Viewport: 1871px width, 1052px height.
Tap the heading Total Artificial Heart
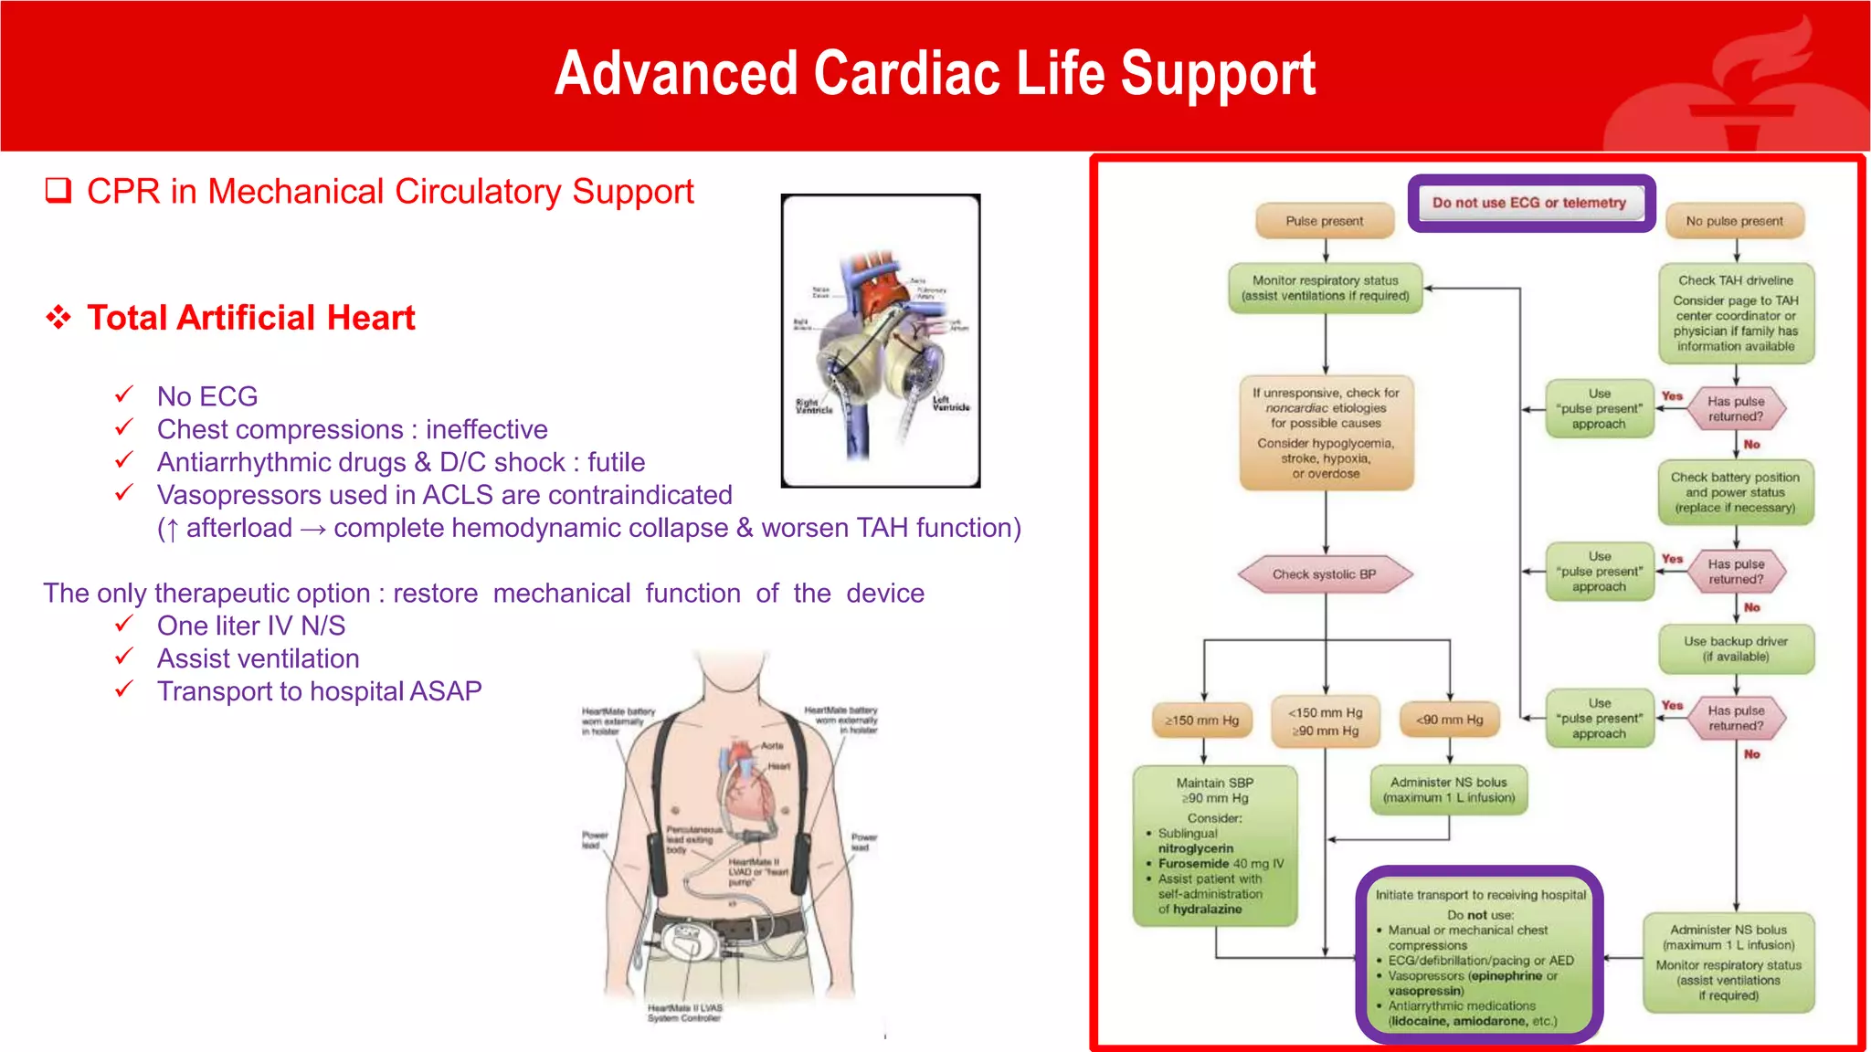click(x=250, y=318)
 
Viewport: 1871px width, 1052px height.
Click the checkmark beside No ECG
click(x=124, y=394)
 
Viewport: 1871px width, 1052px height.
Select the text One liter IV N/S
click(x=250, y=626)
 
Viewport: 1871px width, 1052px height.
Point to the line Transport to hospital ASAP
click(x=319, y=691)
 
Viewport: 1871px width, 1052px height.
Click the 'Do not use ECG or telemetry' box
click(x=1529, y=203)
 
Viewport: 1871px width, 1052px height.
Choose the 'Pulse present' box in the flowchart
click(x=1324, y=221)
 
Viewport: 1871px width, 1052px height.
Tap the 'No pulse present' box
click(x=1734, y=221)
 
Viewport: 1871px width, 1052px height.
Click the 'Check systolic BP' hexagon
click(x=1324, y=574)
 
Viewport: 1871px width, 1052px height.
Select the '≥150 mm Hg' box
click(x=1202, y=721)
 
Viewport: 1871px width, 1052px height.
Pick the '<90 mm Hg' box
click(x=1449, y=721)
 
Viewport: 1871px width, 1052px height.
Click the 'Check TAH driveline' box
click(x=1735, y=313)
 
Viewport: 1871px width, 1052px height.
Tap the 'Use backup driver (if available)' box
click(x=1735, y=648)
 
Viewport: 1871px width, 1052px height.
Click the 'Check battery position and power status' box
click(x=1735, y=492)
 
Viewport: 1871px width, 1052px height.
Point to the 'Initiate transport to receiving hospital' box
click(x=1480, y=956)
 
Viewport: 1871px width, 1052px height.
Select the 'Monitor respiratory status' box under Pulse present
click(x=1325, y=288)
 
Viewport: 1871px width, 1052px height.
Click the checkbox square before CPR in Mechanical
click(x=58, y=191)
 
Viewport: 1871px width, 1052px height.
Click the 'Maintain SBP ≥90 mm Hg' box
click(x=1214, y=846)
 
